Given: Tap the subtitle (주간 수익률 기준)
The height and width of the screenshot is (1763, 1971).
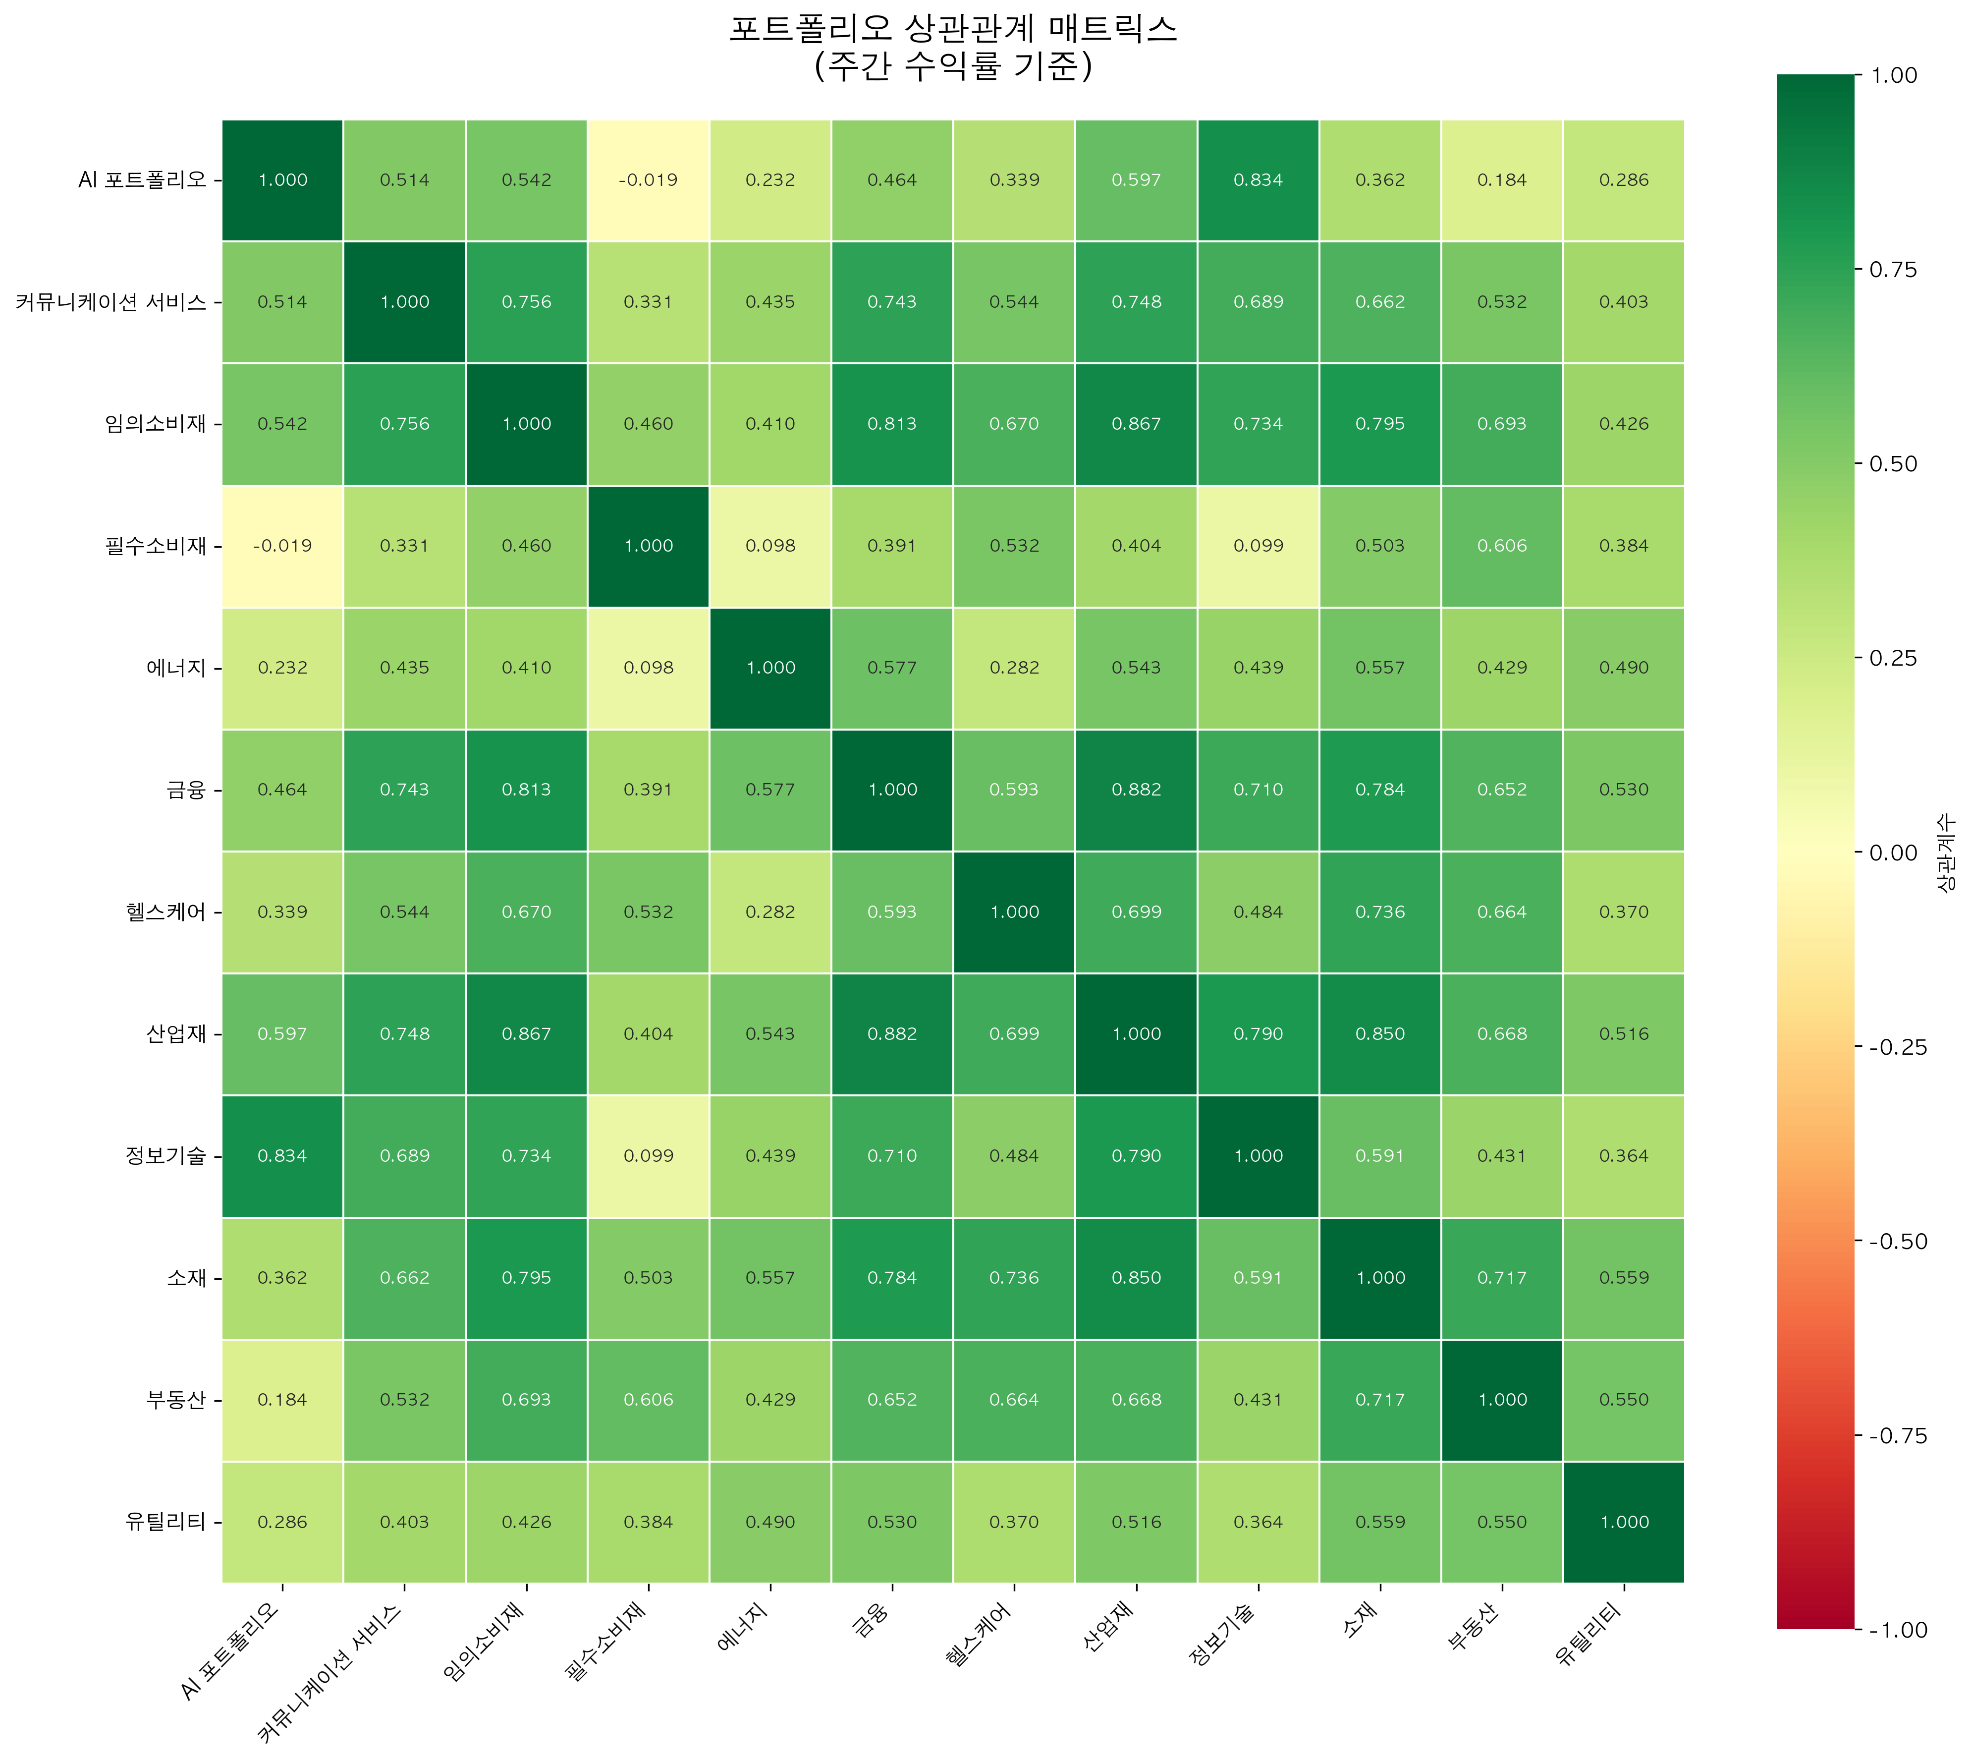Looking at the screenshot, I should click(953, 66).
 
